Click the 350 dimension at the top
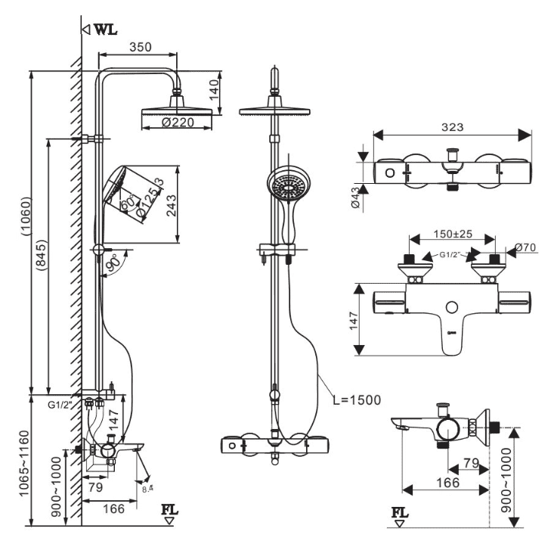[139, 46]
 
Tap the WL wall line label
[104, 30]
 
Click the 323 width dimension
[451, 126]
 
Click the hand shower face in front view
[288, 185]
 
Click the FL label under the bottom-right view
[400, 514]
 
